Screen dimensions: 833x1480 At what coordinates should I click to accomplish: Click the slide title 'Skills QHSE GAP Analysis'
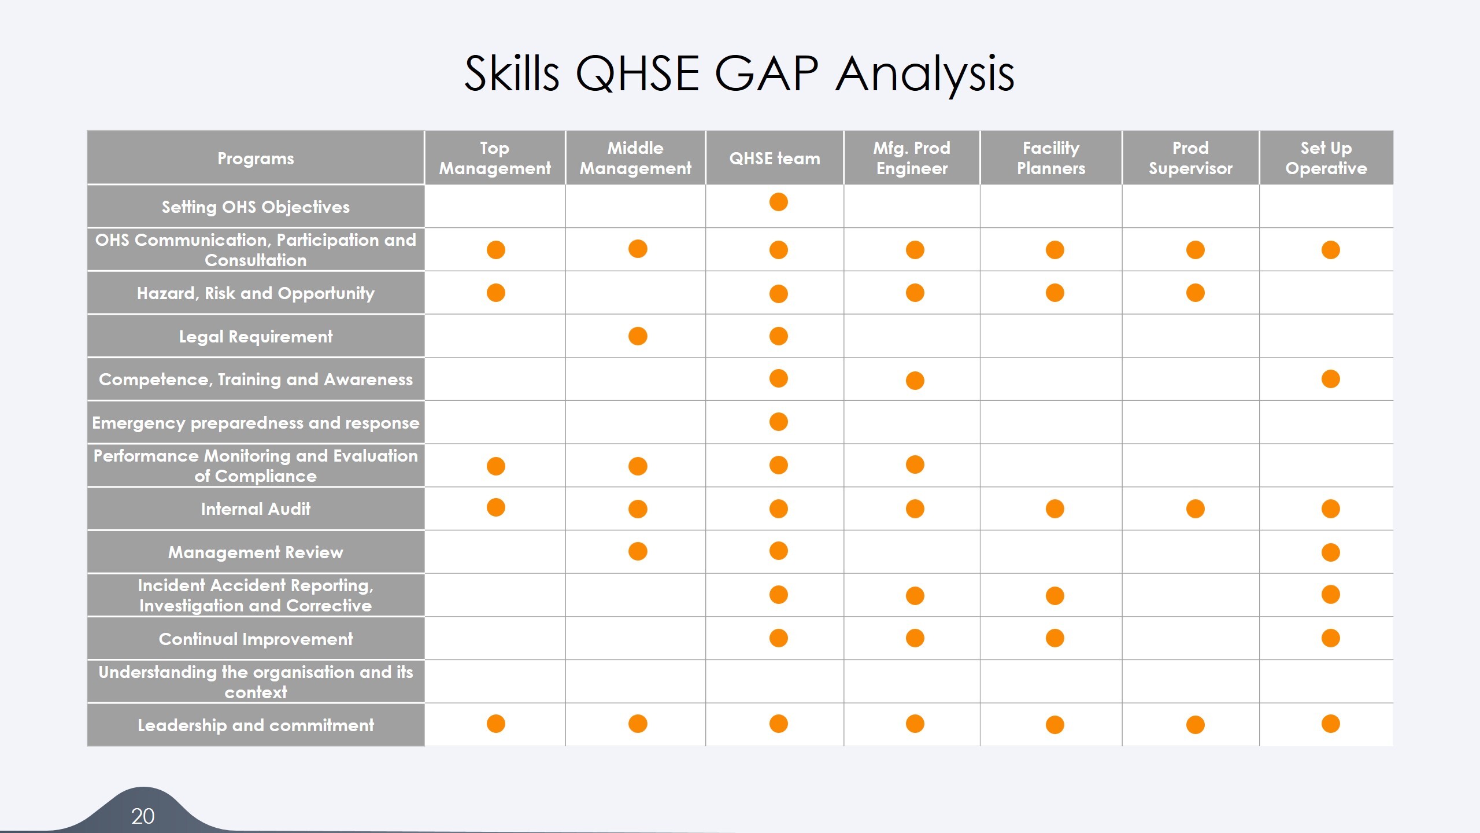739,74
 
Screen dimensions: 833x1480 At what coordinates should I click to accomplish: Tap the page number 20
143,816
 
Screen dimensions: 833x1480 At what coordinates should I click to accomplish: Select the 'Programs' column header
256,159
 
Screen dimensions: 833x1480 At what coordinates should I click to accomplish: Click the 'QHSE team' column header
775,159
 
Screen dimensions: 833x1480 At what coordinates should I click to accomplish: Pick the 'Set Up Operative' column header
1326,159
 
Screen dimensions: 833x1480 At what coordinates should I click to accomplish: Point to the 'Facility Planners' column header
1051,159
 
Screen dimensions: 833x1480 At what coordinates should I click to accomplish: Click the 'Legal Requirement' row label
256,337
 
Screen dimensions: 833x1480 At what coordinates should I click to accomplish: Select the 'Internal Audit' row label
256,509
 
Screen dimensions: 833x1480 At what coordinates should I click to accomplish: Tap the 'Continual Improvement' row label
256,639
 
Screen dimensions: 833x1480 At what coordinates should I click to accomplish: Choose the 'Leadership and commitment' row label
256,725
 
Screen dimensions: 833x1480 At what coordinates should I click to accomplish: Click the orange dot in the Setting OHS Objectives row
779,202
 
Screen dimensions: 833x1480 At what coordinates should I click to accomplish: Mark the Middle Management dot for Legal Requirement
638,336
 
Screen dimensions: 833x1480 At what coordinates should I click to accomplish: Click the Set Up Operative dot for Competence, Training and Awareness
1331,379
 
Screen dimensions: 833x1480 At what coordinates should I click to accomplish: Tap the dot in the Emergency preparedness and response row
779,422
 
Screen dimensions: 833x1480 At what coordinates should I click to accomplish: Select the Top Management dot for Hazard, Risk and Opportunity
496,293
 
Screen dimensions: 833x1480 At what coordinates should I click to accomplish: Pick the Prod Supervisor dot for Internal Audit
1196,509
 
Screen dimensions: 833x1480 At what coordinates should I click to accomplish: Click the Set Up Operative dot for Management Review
1331,552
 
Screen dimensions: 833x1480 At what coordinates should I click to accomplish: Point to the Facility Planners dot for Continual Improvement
1055,638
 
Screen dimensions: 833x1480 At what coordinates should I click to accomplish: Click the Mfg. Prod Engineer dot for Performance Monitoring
915,465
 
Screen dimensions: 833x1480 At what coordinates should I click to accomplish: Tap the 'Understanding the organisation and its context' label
256,682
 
